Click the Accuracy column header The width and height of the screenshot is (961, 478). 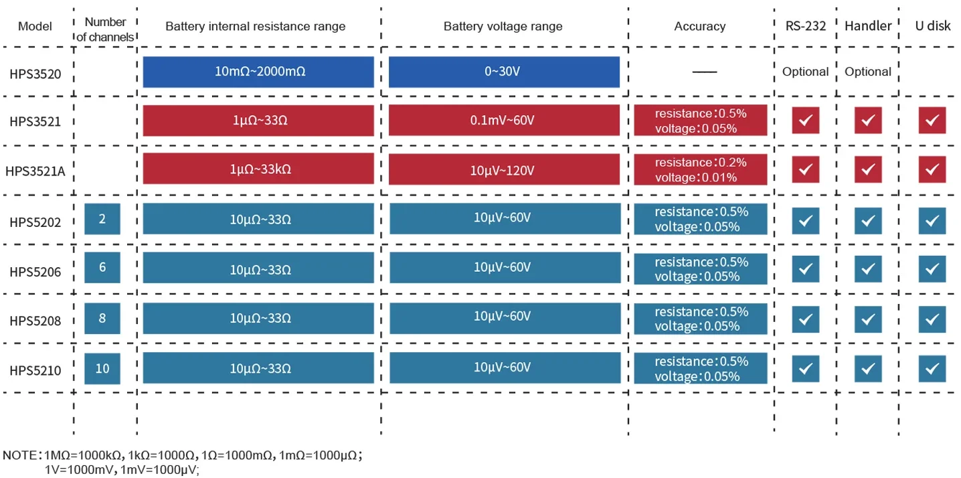click(700, 26)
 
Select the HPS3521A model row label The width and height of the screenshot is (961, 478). click(35, 171)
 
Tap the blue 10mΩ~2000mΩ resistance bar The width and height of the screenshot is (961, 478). click(258, 72)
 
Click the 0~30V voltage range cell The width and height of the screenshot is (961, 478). click(504, 72)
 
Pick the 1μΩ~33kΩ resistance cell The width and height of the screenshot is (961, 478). click(258, 169)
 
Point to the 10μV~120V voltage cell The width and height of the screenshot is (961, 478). click(504, 169)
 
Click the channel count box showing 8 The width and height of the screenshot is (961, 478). click(102, 319)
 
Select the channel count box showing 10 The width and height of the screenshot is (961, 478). click(102, 369)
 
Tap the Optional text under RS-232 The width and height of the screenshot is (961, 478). click(805, 72)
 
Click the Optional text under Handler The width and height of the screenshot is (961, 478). click(868, 72)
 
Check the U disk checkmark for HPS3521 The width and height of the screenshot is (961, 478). click(932, 120)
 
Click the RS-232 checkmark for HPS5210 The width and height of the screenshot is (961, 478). click(806, 369)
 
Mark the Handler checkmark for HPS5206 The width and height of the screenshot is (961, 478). click(869, 269)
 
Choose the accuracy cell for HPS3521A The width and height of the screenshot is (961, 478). click(701, 169)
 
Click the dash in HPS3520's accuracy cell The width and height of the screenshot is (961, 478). click(705, 72)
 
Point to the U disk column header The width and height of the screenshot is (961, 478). click(933, 25)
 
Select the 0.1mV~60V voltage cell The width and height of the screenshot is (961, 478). click(504, 120)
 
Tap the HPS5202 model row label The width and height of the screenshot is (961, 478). click(35, 222)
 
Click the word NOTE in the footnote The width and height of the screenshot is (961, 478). click(19, 455)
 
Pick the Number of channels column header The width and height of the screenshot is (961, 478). click(105, 29)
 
